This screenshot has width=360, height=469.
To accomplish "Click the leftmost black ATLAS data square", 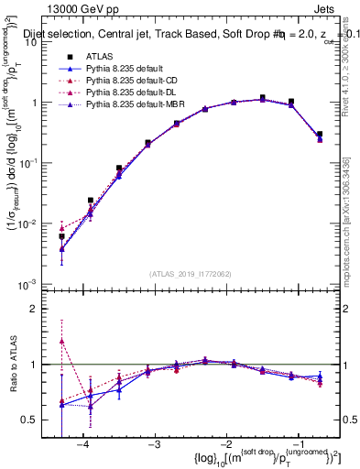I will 61,236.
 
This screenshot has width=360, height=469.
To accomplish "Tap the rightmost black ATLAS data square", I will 320,135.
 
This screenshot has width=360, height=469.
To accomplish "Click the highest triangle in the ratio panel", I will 61,341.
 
